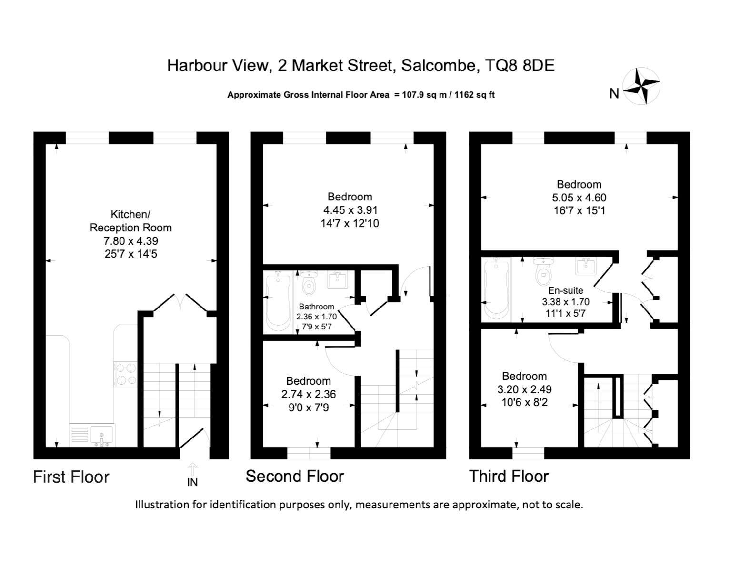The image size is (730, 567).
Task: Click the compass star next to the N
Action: pyautogui.click(x=641, y=86)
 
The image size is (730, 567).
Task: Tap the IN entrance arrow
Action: pyautogui.click(x=192, y=468)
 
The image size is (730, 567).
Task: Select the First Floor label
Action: pyautogui.click(x=71, y=477)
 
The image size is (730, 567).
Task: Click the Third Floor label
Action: pyautogui.click(x=509, y=477)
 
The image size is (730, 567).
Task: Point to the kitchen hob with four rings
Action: pyautogui.click(x=126, y=374)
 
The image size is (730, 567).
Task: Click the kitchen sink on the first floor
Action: pyautogui.click(x=102, y=436)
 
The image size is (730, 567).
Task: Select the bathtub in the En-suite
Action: pyautogui.click(x=496, y=289)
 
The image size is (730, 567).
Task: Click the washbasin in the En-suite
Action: pyautogui.click(x=586, y=267)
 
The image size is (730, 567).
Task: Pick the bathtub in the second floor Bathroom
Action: pyautogui.click(x=278, y=302)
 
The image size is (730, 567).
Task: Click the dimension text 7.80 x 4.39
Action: pyautogui.click(x=130, y=241)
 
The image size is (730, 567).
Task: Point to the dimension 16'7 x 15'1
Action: pyautogui.click(x=579, y=210)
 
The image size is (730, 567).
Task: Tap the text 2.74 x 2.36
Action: pyautogui.click(x=309, y=394)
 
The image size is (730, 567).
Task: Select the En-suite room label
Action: pyautogui.click(x=565, y=290)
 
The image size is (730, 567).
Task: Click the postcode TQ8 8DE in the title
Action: pyautogui.click(x=520, y=65)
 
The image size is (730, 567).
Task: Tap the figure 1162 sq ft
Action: pyautogui.click(x=474, y=95)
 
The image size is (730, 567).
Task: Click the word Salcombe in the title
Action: pyautogui.click(x=439, y=65)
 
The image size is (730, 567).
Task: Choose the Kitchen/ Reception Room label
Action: pyautogui.click(x=130, y=220)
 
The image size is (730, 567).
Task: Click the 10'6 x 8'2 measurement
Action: pyautogui.click(x=524, y=402)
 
